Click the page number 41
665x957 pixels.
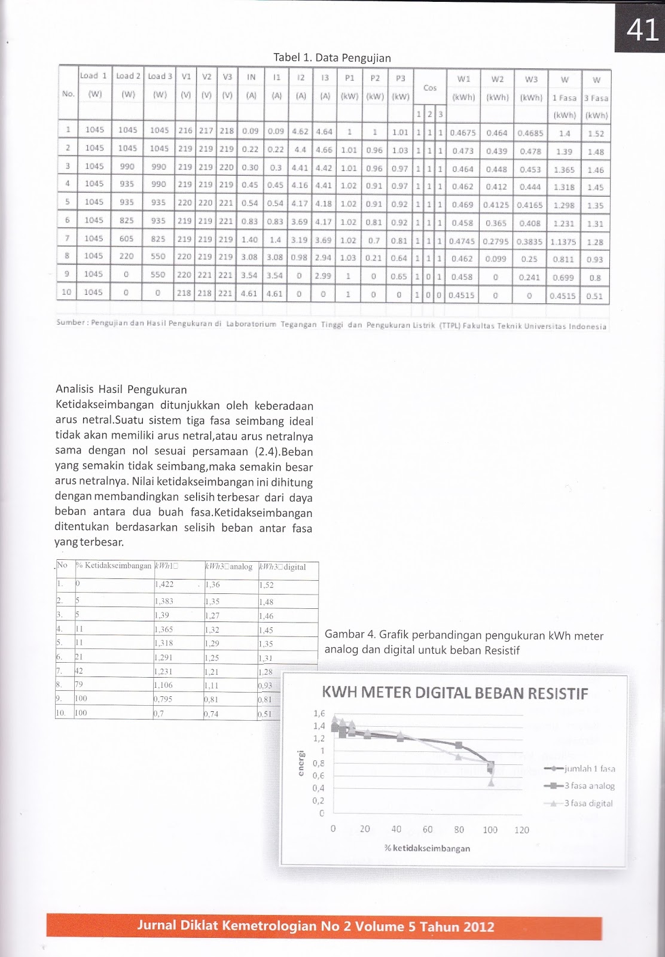642,29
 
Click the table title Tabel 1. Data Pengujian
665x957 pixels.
332,58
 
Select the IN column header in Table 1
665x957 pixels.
251,77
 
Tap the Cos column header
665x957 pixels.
430,88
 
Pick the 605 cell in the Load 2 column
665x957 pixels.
127,238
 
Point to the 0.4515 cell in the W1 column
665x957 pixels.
462,295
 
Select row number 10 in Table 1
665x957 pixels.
66,292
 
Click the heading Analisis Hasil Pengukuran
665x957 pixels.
121,390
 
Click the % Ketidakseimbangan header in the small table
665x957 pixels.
114,566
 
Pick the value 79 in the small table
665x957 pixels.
79,685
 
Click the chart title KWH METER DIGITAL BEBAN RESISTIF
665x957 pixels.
454,693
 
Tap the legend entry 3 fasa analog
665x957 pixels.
588,786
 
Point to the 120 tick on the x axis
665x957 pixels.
521,830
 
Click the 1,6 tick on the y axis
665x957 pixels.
319,714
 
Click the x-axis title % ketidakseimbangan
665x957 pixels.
427,848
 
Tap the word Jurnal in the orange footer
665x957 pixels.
157,926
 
